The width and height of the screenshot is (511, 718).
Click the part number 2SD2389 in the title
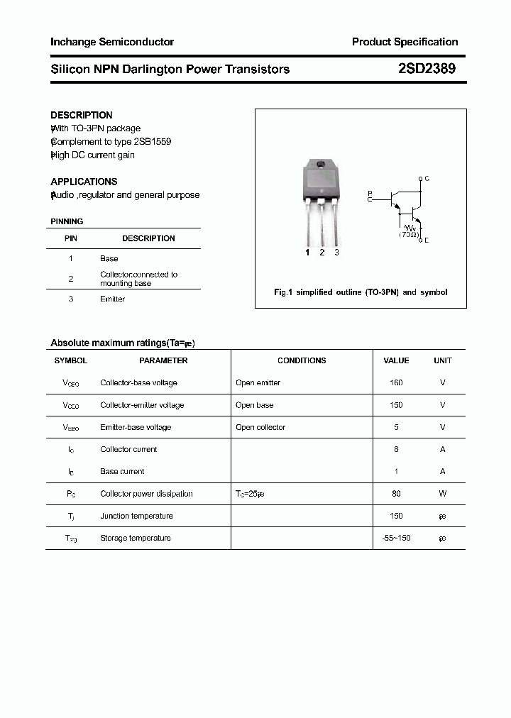coord(427,69)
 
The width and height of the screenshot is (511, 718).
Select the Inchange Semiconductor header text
coord(112,42)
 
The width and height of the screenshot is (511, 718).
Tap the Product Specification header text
coord(405,42)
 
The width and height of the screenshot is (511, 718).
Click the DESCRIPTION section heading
coord(82,115)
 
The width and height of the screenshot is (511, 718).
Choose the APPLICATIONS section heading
coord(84,182)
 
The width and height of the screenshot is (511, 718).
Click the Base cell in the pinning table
coord(109,259)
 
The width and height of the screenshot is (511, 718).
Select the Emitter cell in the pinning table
coord(112,299)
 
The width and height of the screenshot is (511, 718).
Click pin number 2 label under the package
coord(322,253)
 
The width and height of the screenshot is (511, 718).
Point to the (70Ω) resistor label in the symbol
coord(409,233)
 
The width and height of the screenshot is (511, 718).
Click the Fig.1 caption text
coord(361,292)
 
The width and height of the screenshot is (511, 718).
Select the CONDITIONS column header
coord(302,360)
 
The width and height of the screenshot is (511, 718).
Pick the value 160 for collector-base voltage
coord(396,383)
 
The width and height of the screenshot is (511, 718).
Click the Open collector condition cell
coord(260,428)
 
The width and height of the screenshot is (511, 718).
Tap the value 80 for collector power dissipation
coord(396,494)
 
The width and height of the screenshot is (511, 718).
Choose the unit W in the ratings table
coord(442,494)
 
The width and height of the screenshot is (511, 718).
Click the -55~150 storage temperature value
coord(396,538)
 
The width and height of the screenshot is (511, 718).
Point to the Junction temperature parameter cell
coord(136,517)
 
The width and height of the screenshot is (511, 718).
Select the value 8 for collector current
coord(396,450)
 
